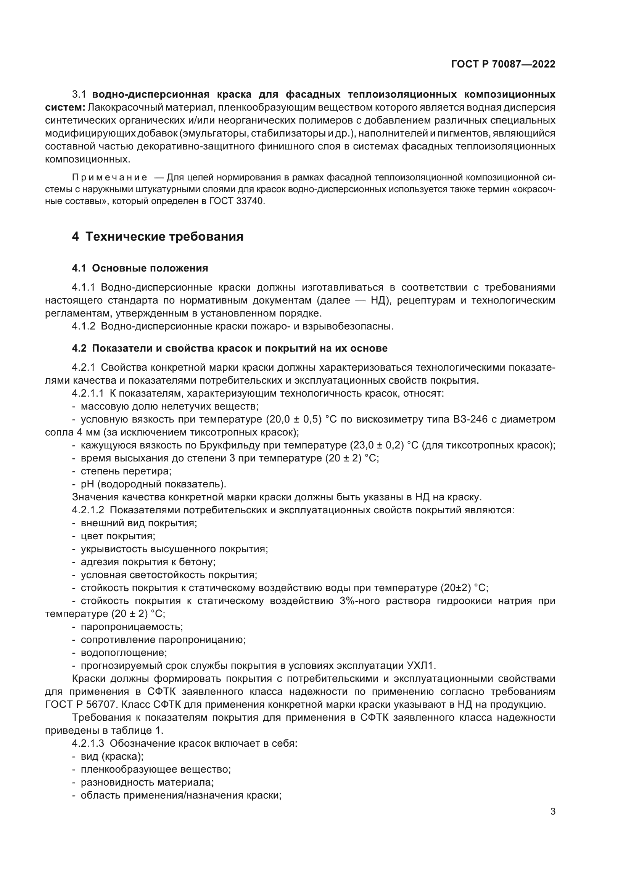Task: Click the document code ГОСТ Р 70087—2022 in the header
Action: click(x=503, y=64)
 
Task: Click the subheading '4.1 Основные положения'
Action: click(x=140, y=268)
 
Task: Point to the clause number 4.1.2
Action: click(x=84, y=326)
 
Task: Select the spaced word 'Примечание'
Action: click(x=110, y=178)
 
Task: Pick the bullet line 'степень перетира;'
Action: click(x=126, y=471)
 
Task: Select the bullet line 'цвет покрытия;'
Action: click(x=118, y=536)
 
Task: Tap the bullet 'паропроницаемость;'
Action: click(x=132, y=627)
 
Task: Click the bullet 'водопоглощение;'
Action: click(x=124, y=653)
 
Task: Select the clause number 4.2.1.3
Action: click(x=88, y=744)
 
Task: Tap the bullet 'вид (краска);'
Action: click(x=112, y=756)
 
